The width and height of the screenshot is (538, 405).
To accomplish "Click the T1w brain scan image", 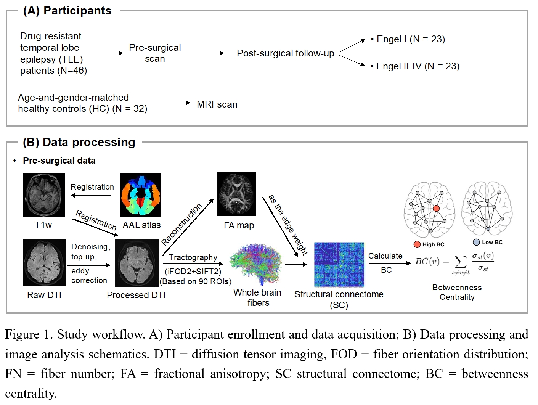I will pos(44,195).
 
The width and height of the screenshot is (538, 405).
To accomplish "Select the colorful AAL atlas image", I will pos(140,195).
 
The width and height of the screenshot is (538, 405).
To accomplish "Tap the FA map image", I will pos(236,194).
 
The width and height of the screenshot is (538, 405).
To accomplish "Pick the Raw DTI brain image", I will pos(44,262).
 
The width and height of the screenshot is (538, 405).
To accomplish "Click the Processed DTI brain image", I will pos(137,263).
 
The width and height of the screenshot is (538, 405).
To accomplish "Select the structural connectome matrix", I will pos(339,264).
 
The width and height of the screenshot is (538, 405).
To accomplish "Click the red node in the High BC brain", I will pos(436,208).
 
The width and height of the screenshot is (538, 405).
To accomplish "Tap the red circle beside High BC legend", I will pos(417,244).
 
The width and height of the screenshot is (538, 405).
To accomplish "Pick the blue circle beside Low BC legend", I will pos(476,242).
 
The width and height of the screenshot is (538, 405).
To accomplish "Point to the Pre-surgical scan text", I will pos(155,53).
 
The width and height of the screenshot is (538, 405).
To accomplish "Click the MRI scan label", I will pos(217,104).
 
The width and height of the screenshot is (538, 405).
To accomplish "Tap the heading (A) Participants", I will pos(67,11).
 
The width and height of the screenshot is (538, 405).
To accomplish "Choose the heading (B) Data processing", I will pos(79,142).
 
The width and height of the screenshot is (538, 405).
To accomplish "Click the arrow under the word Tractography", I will pos(193,264).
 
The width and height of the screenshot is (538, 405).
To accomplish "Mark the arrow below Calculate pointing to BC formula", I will pos(389,263).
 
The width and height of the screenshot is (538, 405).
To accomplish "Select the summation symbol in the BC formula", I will pos(460,262).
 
